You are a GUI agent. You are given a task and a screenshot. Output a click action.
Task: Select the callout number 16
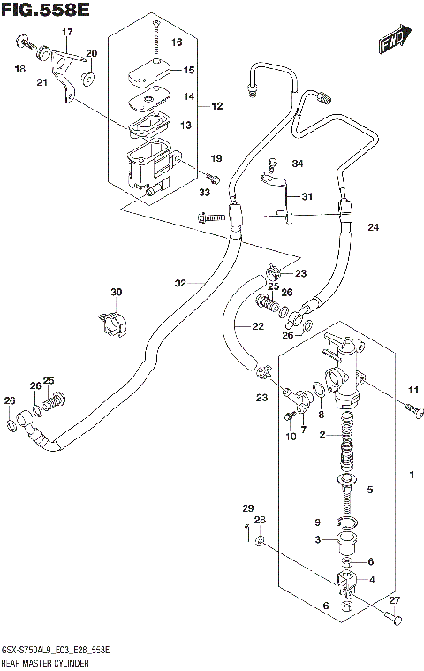click(177, 42)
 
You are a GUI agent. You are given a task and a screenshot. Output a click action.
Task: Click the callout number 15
click(188, 70)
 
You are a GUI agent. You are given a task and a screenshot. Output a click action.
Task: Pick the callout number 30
click(116, 293)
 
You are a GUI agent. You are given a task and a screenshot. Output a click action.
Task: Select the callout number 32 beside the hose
click(180, 284)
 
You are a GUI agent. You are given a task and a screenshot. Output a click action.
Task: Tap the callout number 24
click(373, 228)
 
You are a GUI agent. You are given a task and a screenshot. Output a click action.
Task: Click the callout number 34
click(297, 164)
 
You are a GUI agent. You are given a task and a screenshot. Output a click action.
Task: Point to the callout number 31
click(307, 197)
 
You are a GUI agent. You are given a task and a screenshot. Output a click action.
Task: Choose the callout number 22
click(257, 327)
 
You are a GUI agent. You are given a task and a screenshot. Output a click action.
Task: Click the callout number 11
click(412, 391)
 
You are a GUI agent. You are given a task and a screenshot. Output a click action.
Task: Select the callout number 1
click(412, 477)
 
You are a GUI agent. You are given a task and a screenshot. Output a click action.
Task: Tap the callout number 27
click(394, 599)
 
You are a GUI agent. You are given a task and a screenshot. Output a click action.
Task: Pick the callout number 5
click(370, 490)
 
